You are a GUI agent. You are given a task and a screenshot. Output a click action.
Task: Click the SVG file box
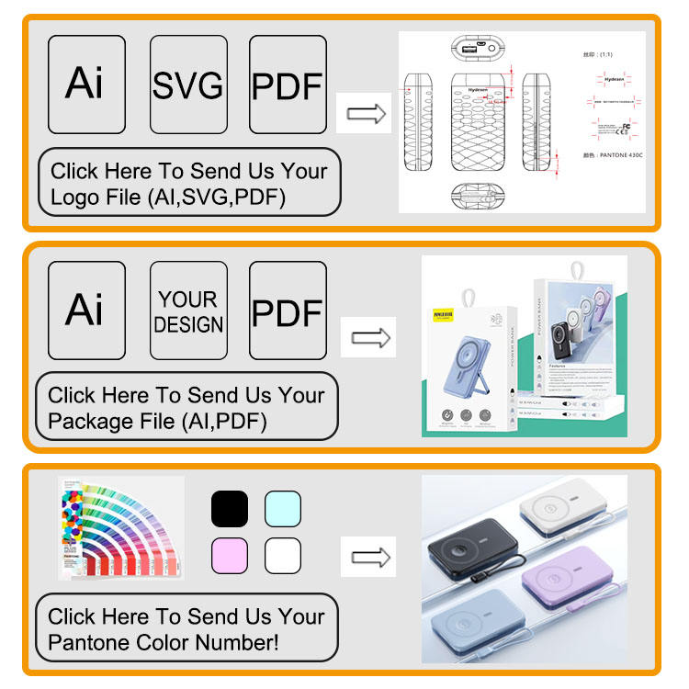click(188, 85)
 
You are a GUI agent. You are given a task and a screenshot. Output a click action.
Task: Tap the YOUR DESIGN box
click(188, 311)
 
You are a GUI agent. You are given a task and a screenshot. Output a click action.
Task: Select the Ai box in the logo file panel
click(86, 85)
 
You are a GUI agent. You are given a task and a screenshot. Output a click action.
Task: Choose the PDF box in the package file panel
click(288, 311)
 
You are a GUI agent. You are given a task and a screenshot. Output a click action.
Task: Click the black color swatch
click(230, 509)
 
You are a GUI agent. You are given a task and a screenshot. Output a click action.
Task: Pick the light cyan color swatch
click(283, 509)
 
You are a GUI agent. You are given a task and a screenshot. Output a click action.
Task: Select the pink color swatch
click(230, 556)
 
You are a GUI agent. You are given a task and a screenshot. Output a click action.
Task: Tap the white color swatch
click(283, 556)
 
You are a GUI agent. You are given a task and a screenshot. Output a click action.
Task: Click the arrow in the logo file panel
click(364, 114)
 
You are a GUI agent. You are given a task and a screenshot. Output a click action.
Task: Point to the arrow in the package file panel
click(368, 338)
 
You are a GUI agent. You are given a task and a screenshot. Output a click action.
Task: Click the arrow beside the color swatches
click(368, 558)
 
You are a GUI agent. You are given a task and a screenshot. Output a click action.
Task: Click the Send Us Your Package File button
click(186, 409)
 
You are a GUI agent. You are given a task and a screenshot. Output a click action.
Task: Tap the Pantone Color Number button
click(186, 629)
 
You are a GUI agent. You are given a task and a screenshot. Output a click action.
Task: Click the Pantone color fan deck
click(120, 530)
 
